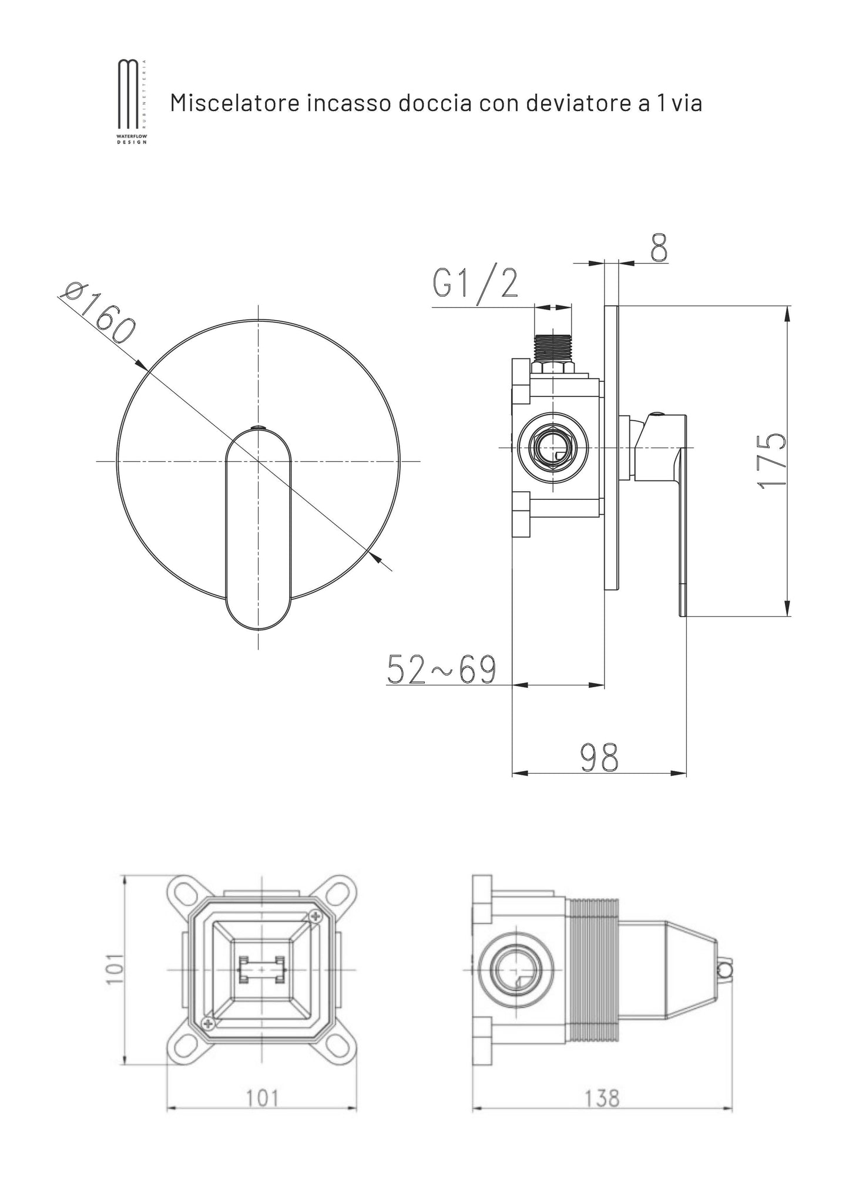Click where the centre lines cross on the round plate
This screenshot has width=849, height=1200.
click(258, 461)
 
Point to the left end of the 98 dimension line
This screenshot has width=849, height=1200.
click(513, 773)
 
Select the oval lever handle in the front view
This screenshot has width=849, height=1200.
click(259, 529)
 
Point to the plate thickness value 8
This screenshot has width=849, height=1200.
click(659, 248)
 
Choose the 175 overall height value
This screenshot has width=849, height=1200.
click(771, 460)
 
